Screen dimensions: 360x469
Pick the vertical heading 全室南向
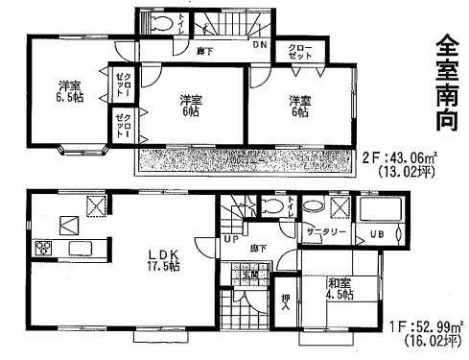coord(447,81)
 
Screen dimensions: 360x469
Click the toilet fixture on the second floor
coord(164,24)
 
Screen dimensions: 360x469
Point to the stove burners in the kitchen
coord(44,250)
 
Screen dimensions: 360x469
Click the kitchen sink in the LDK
coord(81,250)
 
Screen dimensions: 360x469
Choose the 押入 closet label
coord(284,300)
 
